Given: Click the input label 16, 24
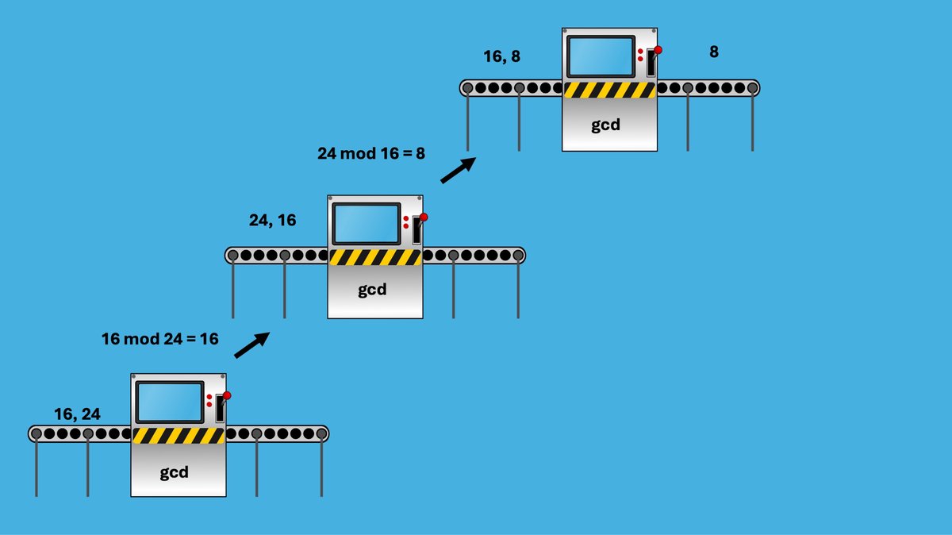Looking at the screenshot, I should [x=77, y=414].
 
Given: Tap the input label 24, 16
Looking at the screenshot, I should [x=272, y=221].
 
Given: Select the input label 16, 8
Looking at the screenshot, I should [x=502, y=57].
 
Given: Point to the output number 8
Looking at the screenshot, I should [x=714, y=52].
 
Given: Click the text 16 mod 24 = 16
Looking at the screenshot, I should [x=160, y=339].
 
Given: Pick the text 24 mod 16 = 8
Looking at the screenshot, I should [x=371, y=153].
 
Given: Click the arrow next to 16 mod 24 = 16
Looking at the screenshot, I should [x=251, y=344].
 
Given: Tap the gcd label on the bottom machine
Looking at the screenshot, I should [x=175, y=473].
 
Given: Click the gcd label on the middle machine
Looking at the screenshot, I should [x=371, y=290].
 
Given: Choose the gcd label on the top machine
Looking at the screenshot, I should [x=606, y=125].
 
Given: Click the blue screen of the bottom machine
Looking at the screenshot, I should [x=169, y=402].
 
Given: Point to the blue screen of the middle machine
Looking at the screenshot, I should [x=366, y=224].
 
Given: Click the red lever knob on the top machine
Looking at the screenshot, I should [x=658, y=49].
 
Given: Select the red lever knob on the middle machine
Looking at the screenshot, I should [x=424, y=217].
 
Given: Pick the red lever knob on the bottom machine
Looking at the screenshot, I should [x=227, y=395].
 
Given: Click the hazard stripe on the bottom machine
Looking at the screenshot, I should [x=178, y=436].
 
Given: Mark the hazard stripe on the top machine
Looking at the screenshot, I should [x=609, y=90].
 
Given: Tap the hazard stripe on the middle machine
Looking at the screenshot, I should [x=374, y=257].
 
